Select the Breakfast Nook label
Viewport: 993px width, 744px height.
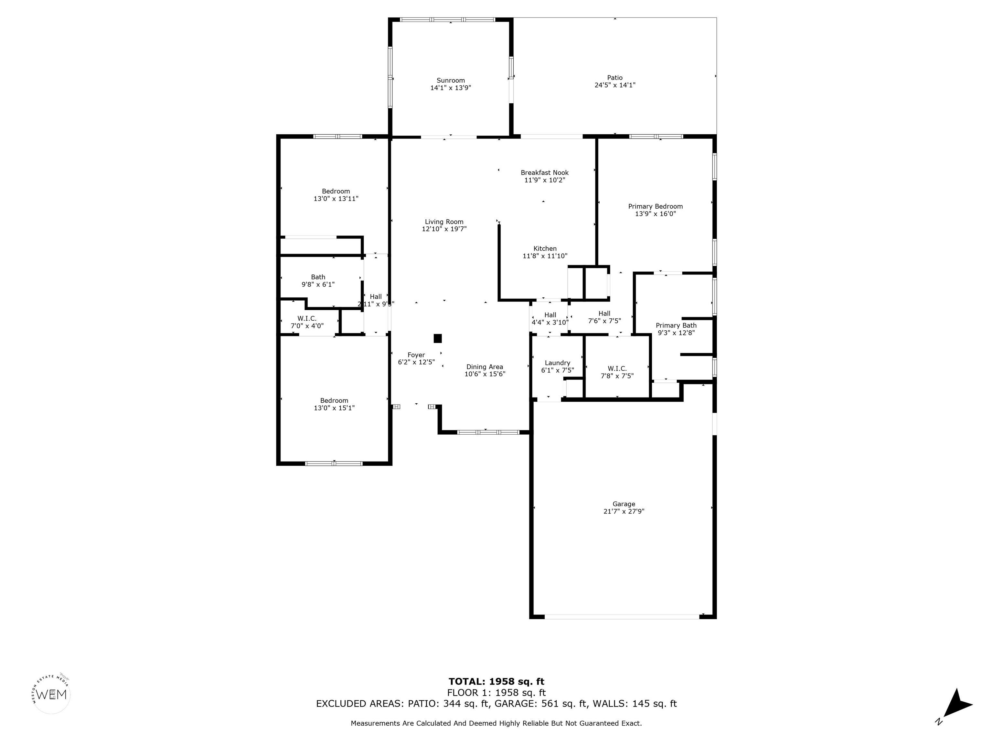(x=545, y=173)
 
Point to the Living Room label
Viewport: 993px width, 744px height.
(x=444, y=222)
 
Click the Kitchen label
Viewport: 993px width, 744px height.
(x=545, y=248)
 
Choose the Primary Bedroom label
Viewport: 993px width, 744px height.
(x=656, y=206)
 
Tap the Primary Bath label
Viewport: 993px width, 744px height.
(x=676, y=325)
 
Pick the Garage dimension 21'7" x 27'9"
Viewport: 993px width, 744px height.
(x=624, y=511)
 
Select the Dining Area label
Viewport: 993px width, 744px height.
(x=485, y=367)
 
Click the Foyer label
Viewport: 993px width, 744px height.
(x=416, y=355)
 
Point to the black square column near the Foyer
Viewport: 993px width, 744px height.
(x=438, y=339)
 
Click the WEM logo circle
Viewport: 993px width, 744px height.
(x=52, y=695)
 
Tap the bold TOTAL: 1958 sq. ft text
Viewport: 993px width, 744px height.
(x=496, y=682)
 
